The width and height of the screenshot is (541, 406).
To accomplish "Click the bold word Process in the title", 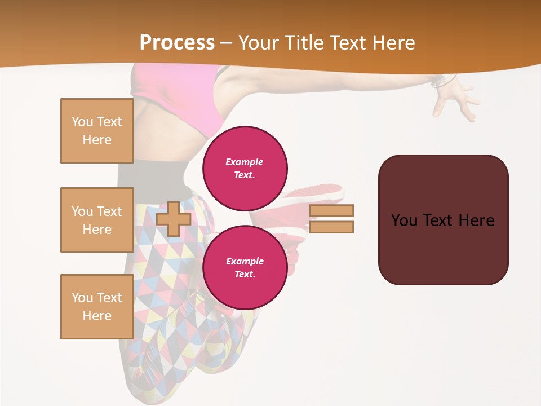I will pyautogui.click(x=177, y=43).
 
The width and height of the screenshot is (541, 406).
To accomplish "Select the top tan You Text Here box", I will pyautogui.click(x=97, y=131).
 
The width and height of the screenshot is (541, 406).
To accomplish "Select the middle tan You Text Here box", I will pyautogui.click(x=97, y=220).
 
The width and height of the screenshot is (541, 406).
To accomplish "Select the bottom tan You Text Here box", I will pyautogui.click(x=97, y=307).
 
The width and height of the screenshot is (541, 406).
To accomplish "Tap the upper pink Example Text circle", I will pyautogui.click(x=245, y=169).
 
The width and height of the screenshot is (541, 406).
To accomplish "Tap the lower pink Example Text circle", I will pyautogui.click(x=245, y=267).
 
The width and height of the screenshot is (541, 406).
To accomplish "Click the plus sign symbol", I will pyautogui.click(x=174, y=219).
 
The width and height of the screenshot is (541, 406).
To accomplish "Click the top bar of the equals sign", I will pyautogui.click(x=331, y=210).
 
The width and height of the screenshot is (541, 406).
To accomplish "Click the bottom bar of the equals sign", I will pyautogui.click(x=331, y=227).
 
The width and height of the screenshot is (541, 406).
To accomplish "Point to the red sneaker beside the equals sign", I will pyautogui.click(x=304, y=197).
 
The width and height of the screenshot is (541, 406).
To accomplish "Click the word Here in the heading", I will pyautogui.click(x=393, y=43).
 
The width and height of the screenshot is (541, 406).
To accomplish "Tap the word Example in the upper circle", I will pyautogui.click(x=245, y=162).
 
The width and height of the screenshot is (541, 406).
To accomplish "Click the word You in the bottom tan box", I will pyautogui.click(x=82, y=298).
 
